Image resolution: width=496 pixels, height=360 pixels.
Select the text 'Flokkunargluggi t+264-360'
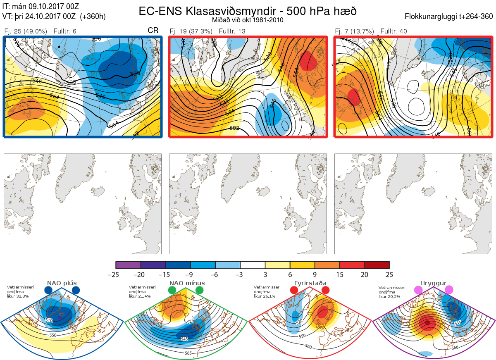pos(449,17)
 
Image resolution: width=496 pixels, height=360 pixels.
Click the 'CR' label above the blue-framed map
pos(153,31)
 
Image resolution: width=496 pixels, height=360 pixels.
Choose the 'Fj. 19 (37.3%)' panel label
pos(191,31)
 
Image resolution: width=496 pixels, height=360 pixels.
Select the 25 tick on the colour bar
pos(389,274)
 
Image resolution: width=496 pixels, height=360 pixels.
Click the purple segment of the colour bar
pos(129,265)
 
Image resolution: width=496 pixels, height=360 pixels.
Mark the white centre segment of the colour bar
pos(253,265)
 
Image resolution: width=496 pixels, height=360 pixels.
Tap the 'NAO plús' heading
pos(62,283)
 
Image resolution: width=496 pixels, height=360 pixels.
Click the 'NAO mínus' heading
pos(187,283)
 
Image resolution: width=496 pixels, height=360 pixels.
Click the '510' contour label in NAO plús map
pos(49,320)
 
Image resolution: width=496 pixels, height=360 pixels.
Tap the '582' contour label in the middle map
pos(234,128)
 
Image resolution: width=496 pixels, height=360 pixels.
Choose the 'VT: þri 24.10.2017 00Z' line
pos(54,17)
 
